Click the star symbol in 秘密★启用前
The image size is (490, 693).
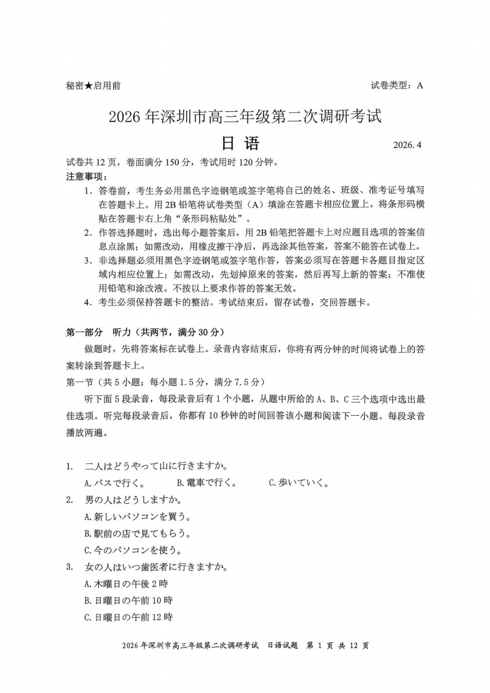pos(88,86)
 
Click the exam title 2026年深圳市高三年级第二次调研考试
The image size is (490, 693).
pos(245,116)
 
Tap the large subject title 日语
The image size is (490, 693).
pos(240,143)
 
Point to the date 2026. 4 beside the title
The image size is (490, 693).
pos(407,145)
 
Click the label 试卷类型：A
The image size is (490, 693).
pos(397,85)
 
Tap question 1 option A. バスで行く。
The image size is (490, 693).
pos(115,483)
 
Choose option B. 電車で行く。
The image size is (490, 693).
pos(207,483)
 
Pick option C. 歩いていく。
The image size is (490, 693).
pos(299,483)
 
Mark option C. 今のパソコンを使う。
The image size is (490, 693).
pos(133,550)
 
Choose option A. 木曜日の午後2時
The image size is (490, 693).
pos(126,584)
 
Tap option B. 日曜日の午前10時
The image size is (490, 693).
pos(128,600)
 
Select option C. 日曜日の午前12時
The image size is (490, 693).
pos(128,617)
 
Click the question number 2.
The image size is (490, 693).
pos(69,500)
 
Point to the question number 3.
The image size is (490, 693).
pos(69,567)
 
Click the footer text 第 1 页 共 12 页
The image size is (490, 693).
pos(338,645)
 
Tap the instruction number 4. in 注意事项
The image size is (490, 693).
pos(88,302)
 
